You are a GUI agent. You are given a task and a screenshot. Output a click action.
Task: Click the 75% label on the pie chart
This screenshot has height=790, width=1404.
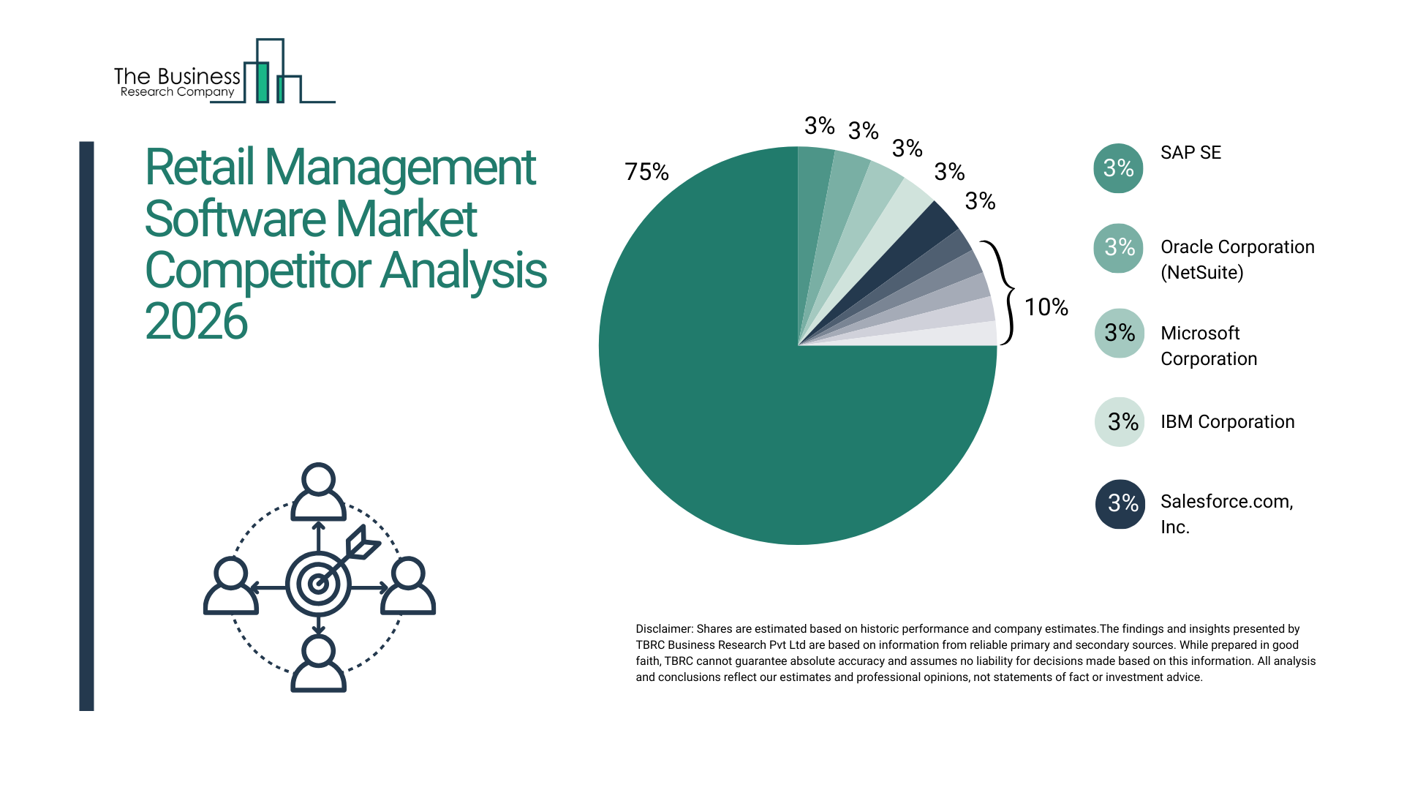coord(646,172)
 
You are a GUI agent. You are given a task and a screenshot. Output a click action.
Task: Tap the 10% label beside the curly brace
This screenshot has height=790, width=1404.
coord(1046,307)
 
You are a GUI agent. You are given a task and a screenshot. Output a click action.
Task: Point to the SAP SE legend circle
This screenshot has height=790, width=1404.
coord(1118,168)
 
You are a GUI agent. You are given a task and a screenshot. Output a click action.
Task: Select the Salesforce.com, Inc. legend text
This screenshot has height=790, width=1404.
coord(1226,513)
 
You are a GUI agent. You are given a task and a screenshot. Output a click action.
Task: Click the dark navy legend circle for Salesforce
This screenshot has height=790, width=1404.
coord(1120,504)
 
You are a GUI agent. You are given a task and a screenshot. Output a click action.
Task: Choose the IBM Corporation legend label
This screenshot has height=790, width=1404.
coord(1227,422)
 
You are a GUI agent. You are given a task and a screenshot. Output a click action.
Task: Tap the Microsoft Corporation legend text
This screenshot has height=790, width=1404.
coord(1209,346)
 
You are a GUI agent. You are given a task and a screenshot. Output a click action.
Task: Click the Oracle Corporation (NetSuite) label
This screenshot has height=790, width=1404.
coord(1237,260)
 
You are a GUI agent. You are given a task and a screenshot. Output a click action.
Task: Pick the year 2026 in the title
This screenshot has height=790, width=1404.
coord(196,322)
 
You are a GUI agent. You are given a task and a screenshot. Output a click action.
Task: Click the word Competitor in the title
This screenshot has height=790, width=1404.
coord(257,271)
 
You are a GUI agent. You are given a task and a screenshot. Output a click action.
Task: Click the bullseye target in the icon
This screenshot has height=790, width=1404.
coord(318,584)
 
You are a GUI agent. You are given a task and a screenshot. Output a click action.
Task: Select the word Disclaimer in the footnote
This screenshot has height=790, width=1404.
coord(663,629)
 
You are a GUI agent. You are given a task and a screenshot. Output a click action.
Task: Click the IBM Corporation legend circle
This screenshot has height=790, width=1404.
coord(1120,422)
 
